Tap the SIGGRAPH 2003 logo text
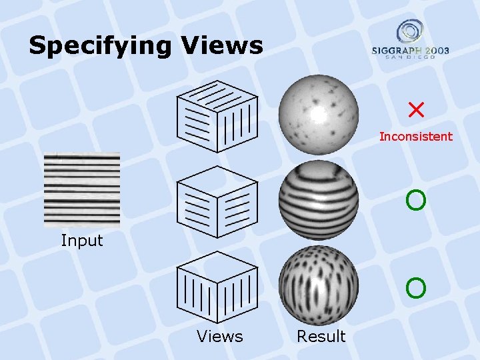click(411, 51)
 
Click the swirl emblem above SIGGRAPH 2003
click(410, 31)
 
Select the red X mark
click(417, 109)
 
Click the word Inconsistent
click(415, 137)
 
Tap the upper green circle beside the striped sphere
click(415, 199)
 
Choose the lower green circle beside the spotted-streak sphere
click(415, 288)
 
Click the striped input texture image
click(82, 191)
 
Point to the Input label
click(82, 241)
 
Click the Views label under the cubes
click(220, 337)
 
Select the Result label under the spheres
click(321, 337)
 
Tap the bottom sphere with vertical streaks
click(318, 285)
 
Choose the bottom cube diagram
click(217, 287)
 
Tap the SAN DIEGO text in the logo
click(411, 58)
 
